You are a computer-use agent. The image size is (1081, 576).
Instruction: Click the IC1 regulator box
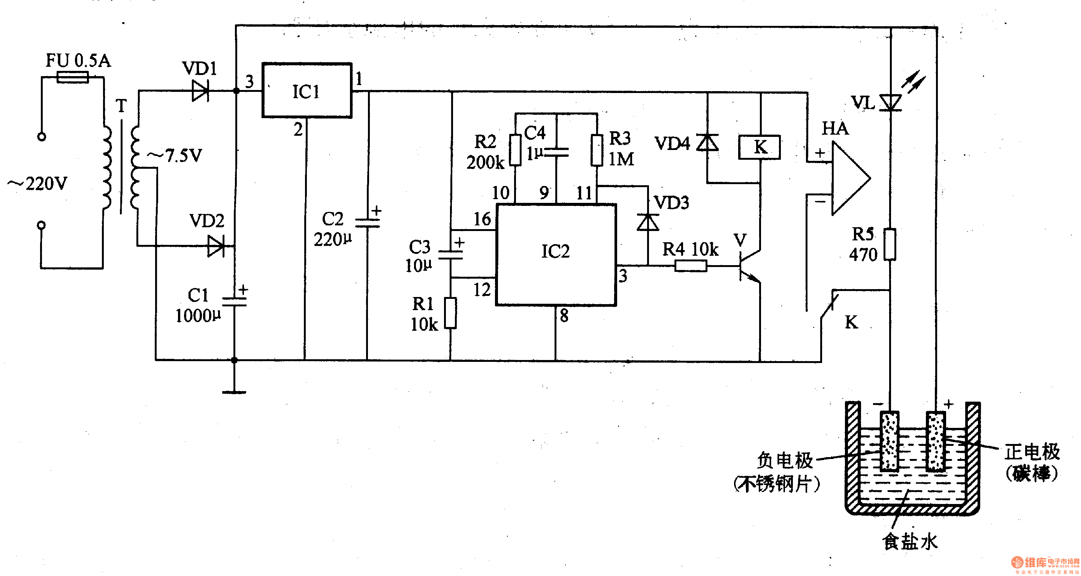coord(307,90)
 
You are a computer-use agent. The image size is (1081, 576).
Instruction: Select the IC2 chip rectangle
coord(556,255)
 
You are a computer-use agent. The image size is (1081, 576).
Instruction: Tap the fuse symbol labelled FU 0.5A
coord(72,78)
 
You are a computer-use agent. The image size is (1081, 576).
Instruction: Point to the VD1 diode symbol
coord(200,91)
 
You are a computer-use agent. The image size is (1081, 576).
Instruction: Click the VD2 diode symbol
coord(216,246)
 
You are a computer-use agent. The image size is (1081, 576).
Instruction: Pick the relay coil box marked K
coord(760,147)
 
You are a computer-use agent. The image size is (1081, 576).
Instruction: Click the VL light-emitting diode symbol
coord(891,102)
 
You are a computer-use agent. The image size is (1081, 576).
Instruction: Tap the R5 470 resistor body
coord(890,244)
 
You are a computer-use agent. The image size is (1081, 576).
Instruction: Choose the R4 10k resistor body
coord(691,265)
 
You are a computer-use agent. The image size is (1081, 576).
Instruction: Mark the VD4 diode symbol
coord(707,142)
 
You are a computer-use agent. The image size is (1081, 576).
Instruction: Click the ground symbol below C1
coord(234,392)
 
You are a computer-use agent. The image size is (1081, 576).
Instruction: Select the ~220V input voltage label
coord(38,184)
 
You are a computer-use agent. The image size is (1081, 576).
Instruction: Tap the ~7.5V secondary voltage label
coord(174,156)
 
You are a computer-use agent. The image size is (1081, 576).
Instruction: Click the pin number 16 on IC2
coord(482,219)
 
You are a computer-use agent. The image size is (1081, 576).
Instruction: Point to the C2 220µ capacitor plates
coord(367,223)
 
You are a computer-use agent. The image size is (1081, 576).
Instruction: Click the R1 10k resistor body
coord(451,313)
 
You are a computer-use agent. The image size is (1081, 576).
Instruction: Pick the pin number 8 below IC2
coord(564,315)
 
